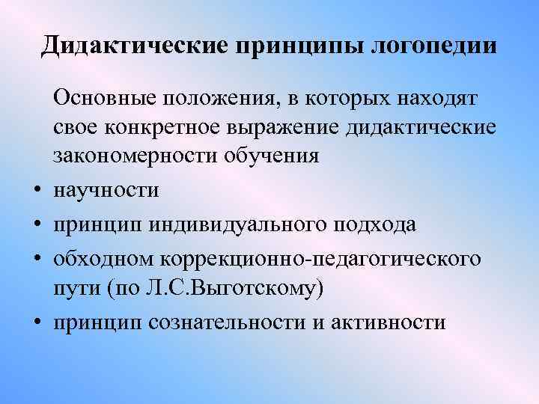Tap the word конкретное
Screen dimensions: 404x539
pos(172,128)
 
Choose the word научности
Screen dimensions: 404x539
pos(106,191)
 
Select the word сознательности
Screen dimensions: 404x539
pos(226,322)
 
